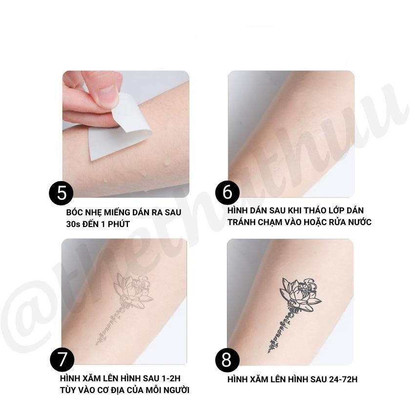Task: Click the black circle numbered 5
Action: pos(62,193)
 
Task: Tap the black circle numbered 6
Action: pos(228,193)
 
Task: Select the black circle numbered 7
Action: pos(62,360)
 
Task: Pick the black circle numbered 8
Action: pos(227,360)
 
